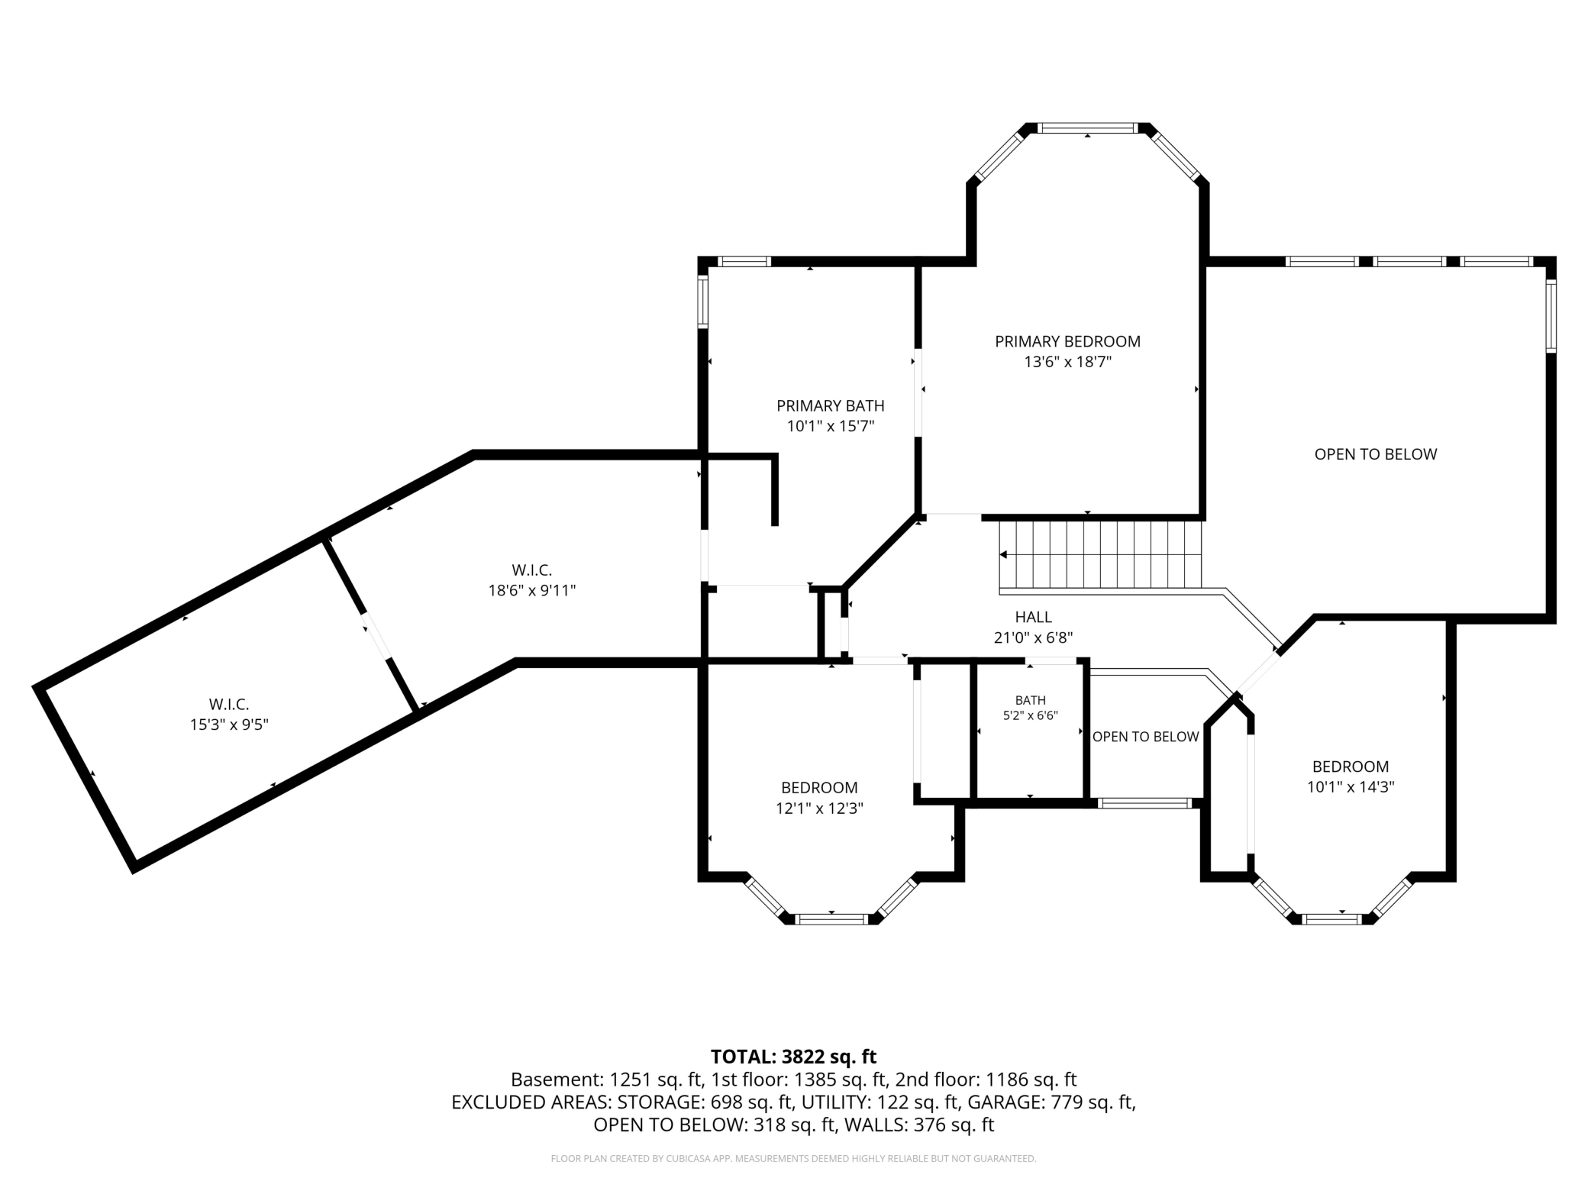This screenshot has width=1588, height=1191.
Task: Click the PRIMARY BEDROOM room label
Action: [1067, 341]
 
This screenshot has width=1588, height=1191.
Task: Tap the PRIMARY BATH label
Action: [831, 405]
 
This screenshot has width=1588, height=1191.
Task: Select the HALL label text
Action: [1033, 617]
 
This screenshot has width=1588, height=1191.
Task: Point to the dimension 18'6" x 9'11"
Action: [532, 590]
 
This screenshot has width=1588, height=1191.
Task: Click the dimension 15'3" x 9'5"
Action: [229, 724]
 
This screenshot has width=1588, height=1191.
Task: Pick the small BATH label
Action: [1030, 700]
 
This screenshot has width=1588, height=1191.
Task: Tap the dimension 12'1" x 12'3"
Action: [819, 808]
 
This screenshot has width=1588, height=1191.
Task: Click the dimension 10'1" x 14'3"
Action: [1351, 786]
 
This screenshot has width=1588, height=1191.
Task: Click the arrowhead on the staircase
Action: [1003, 554]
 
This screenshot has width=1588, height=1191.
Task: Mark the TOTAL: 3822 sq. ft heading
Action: [793, 1057]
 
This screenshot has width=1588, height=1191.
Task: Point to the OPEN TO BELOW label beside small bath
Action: [1145, 737]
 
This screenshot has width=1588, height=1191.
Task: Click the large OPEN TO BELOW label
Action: [1376, 454]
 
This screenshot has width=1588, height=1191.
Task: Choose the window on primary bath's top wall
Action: [745, 261]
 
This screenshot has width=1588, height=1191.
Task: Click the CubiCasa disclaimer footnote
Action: [793, 1159]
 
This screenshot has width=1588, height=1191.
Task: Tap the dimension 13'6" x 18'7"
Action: [1067, 362]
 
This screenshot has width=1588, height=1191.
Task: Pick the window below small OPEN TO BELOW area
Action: [1144, 803]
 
